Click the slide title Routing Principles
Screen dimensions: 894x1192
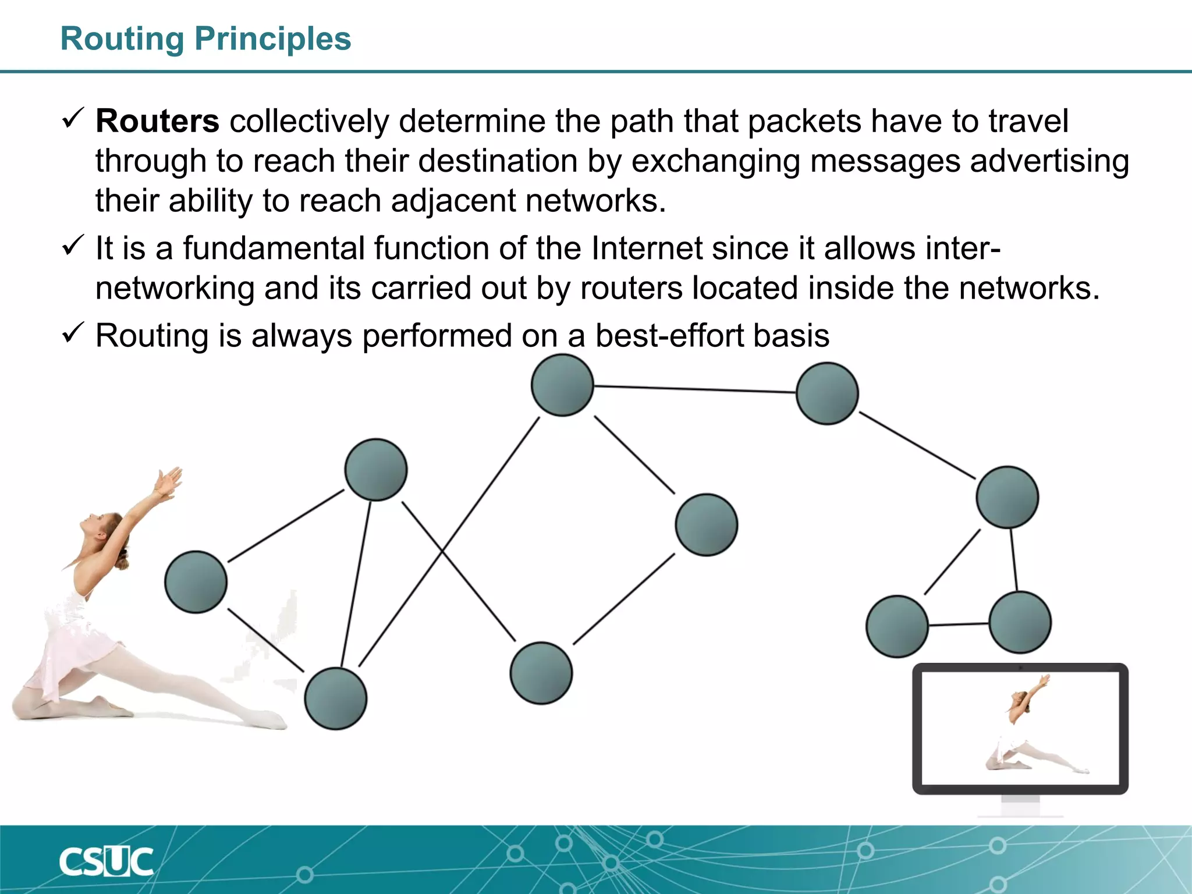click(x=205, y=39)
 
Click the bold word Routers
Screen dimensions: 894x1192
click(x=157, y=121)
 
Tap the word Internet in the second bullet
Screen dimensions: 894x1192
click(x=647, y=248)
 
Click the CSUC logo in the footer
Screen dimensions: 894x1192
click(x=106, y=861)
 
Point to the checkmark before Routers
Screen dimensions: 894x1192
click(x=73, y=118)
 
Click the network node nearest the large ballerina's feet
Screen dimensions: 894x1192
click(x=336, y=698)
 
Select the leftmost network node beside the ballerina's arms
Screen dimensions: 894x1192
click(x=196, y=581)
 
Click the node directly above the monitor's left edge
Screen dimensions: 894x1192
click(x=897, y=626)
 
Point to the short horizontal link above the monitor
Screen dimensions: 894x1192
click(x=958, y=625)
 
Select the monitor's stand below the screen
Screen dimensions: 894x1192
click(x=1020, y=807)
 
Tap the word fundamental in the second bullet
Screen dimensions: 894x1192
click(x=274, y=248)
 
